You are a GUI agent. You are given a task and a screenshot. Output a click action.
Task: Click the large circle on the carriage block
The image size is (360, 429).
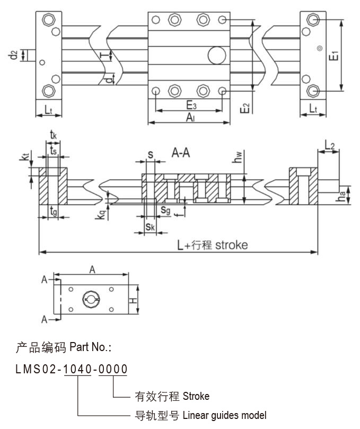coord(216,55)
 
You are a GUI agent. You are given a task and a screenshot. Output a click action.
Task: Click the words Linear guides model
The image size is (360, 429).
coord(225,415)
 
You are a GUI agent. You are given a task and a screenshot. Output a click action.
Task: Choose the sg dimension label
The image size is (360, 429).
coord(165,211)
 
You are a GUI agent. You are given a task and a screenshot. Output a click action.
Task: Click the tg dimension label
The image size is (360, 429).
coord(53,211)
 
